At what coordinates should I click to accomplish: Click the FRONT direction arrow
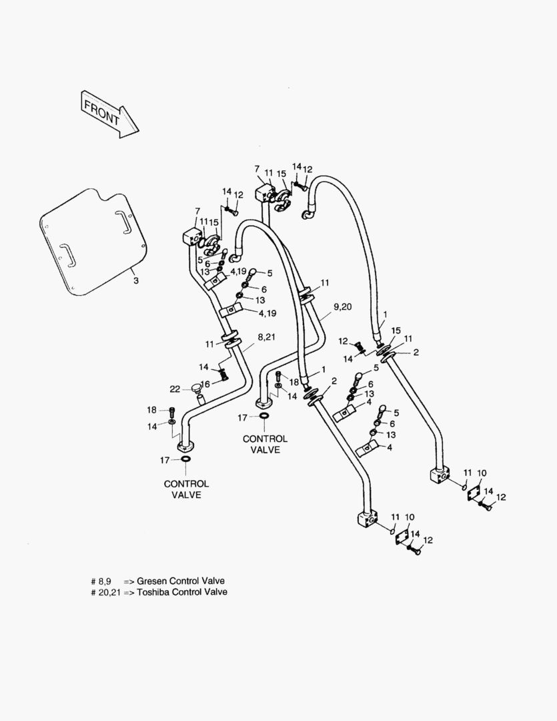109,113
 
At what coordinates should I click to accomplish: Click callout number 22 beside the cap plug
175,389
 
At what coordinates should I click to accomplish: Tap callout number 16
206,384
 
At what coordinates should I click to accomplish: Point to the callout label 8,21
265,338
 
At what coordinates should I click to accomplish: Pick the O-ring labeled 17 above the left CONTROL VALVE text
184,460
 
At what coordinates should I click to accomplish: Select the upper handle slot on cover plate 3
123,222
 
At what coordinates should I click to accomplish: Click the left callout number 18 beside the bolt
152,409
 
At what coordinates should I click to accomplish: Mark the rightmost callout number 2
416,352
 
